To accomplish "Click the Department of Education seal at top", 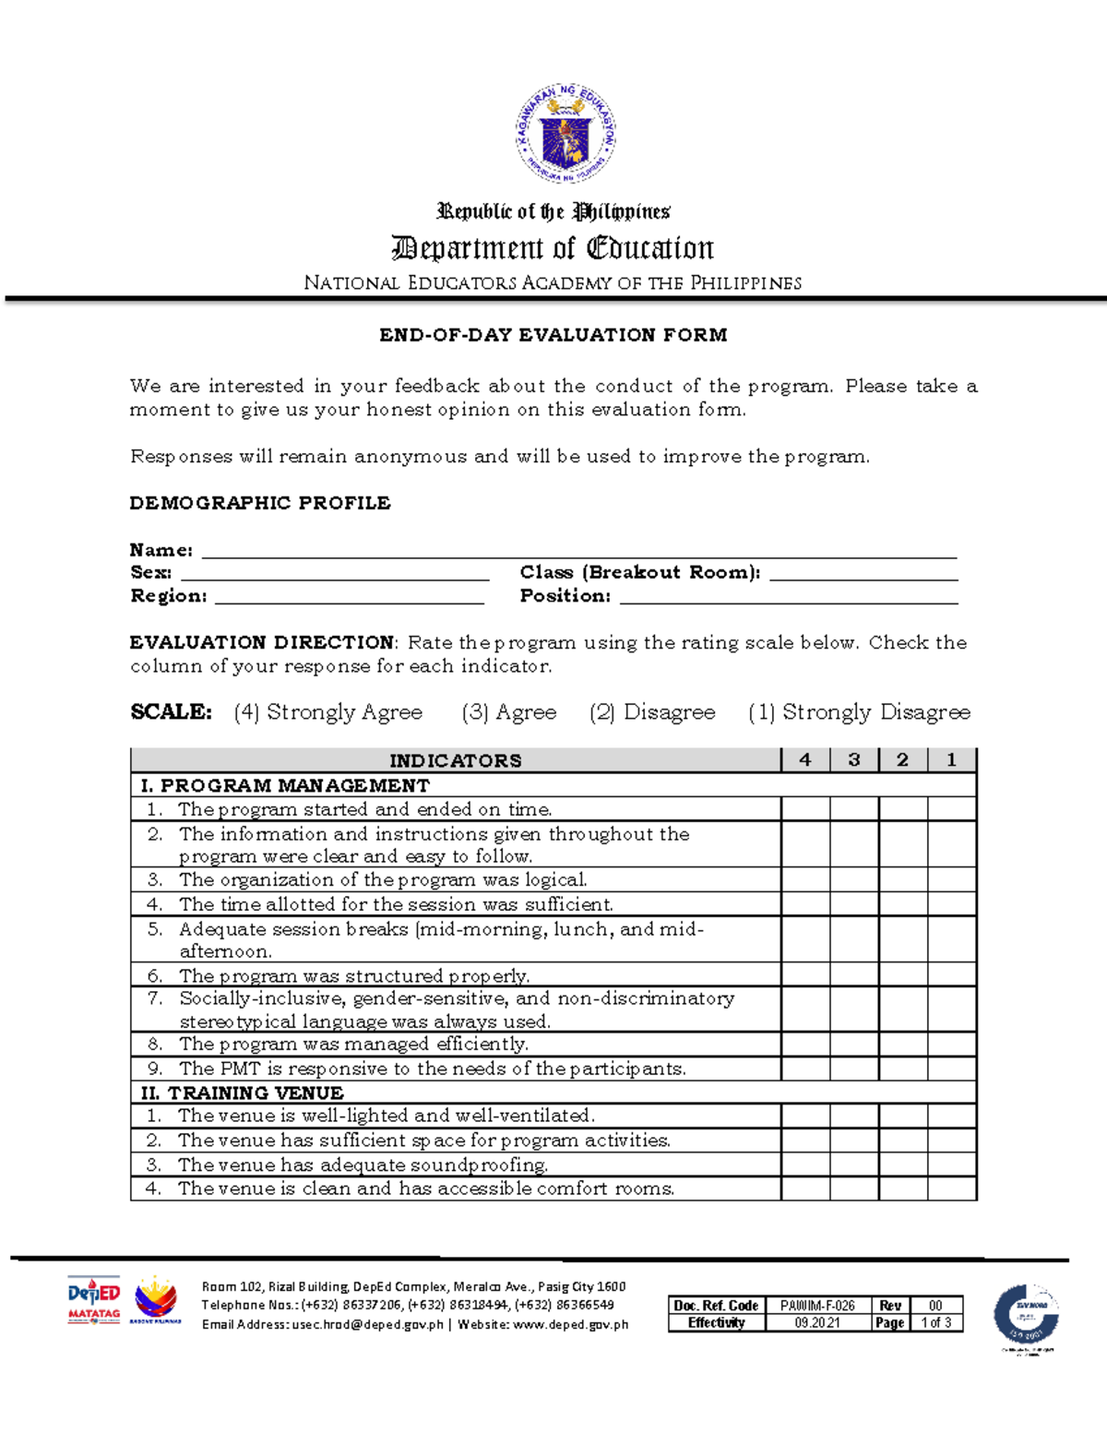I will (565, 134).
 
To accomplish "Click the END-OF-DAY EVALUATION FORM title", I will (553, 335).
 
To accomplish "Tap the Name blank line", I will (578, 551).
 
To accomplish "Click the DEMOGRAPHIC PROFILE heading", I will (260, 503).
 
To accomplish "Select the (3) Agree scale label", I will (509, 712).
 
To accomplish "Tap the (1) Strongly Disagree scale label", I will (859, 712).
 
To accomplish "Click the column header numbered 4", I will (805, 760).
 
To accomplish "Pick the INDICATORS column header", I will (456, 760).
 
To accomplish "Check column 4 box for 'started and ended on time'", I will (805, 809).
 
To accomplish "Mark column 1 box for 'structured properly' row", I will (951, 974).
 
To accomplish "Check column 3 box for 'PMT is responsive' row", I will (854, 1069).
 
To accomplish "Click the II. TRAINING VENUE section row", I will (553, 1093).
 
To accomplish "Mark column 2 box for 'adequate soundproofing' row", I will (903, 1164).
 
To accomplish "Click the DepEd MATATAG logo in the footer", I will (94, 1301).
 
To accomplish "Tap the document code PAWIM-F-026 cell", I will (817, 1306).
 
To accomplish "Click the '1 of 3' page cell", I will (936, 1322).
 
